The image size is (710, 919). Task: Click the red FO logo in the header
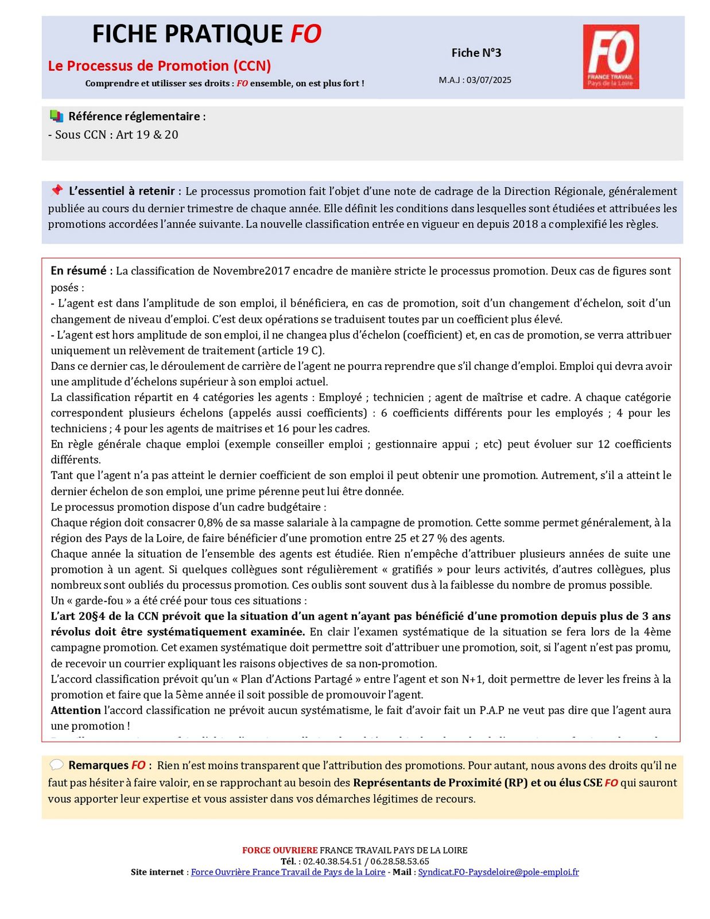click(x=611, y=56)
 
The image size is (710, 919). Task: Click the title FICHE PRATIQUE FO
click(x=207, y=34)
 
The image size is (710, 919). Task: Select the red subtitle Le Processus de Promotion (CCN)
click(x=160, y=65)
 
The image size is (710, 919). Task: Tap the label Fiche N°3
click(x=476, y=53)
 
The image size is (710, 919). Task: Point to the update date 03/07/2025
click(x=488, y=80)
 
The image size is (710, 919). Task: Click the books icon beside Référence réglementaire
click(x=56, y=116)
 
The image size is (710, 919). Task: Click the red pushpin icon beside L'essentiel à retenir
click(x=56, y=190)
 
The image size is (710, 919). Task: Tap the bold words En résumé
click(x=79, y=271)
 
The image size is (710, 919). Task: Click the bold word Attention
click(x=76, y=711)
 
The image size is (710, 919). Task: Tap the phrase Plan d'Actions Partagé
click(x=296, y=679)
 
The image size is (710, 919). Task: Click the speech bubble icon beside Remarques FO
click(x=56, y=765)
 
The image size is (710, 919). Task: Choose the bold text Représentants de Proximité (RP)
click(x=440, y=783)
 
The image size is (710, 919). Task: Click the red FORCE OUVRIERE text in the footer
click(x=280, y=850)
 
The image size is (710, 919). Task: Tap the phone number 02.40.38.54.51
click(x=332, y=861)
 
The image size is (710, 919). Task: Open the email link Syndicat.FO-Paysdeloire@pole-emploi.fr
click(x=498, y=872)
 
